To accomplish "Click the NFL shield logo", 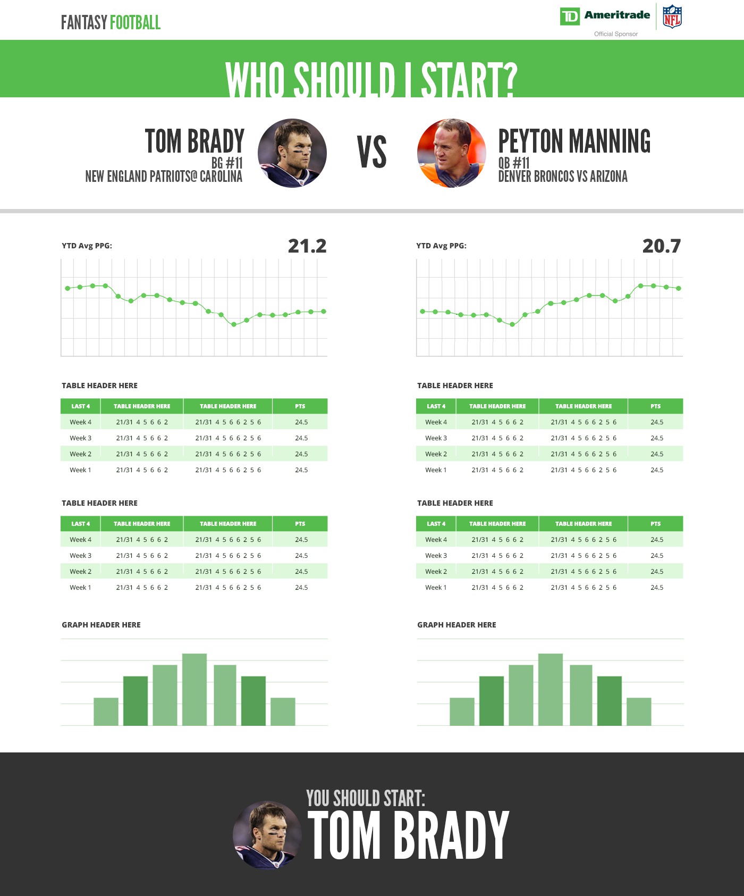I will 672,16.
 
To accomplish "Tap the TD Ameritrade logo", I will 605,16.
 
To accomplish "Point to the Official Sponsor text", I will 616,34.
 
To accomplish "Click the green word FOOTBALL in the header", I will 135,23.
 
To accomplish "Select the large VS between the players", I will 371,153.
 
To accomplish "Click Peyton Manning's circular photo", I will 452,153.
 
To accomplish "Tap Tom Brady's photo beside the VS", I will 292,153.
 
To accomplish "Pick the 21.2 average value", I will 307,246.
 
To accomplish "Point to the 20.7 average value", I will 662,246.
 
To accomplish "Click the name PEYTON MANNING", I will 574,141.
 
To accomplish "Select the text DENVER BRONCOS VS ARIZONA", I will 563,177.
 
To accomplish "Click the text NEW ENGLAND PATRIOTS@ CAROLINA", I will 164,177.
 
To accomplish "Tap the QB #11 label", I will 514,163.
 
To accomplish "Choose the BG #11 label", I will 227,163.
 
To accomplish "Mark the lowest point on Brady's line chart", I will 234,324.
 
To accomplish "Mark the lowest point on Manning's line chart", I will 512,324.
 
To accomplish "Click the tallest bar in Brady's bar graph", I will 195,689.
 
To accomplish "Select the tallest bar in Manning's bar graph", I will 550,689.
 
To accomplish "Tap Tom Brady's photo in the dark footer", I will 267,835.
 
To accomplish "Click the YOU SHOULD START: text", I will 366,799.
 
